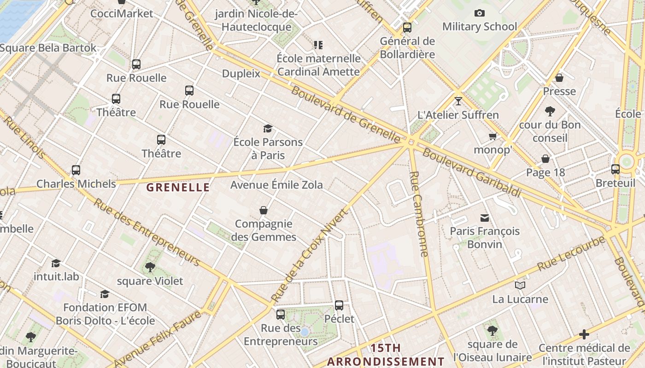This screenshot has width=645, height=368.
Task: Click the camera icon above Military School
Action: [480, 13]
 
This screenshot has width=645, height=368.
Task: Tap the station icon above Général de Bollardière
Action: [407, 28]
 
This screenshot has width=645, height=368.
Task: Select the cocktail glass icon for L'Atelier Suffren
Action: [458, 101]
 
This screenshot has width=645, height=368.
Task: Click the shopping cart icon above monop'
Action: [493, 136]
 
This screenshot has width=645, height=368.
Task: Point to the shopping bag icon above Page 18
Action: [545, 159]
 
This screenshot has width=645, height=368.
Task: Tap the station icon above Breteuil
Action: [615, 169]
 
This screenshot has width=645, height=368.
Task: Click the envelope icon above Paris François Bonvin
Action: [485, 218]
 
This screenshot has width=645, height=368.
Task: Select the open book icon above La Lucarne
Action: [520, 286]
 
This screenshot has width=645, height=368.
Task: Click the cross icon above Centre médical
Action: [584, 334]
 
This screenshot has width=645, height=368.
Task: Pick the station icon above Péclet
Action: [339, 305]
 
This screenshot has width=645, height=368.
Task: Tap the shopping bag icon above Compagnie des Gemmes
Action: [264, 210]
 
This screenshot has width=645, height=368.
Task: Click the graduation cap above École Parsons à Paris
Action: [268, 128]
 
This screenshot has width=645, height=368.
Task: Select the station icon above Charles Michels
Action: [76, 170]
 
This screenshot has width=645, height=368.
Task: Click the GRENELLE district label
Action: [178, 187]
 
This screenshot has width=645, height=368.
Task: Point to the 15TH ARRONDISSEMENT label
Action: [386, 355]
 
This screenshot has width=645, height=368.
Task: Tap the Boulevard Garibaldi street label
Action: [472, 172]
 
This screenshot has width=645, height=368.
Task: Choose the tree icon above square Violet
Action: [150, 267]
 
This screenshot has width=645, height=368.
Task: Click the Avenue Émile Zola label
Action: [276, 185]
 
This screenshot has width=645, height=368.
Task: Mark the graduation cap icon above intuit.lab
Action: [56, 263]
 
